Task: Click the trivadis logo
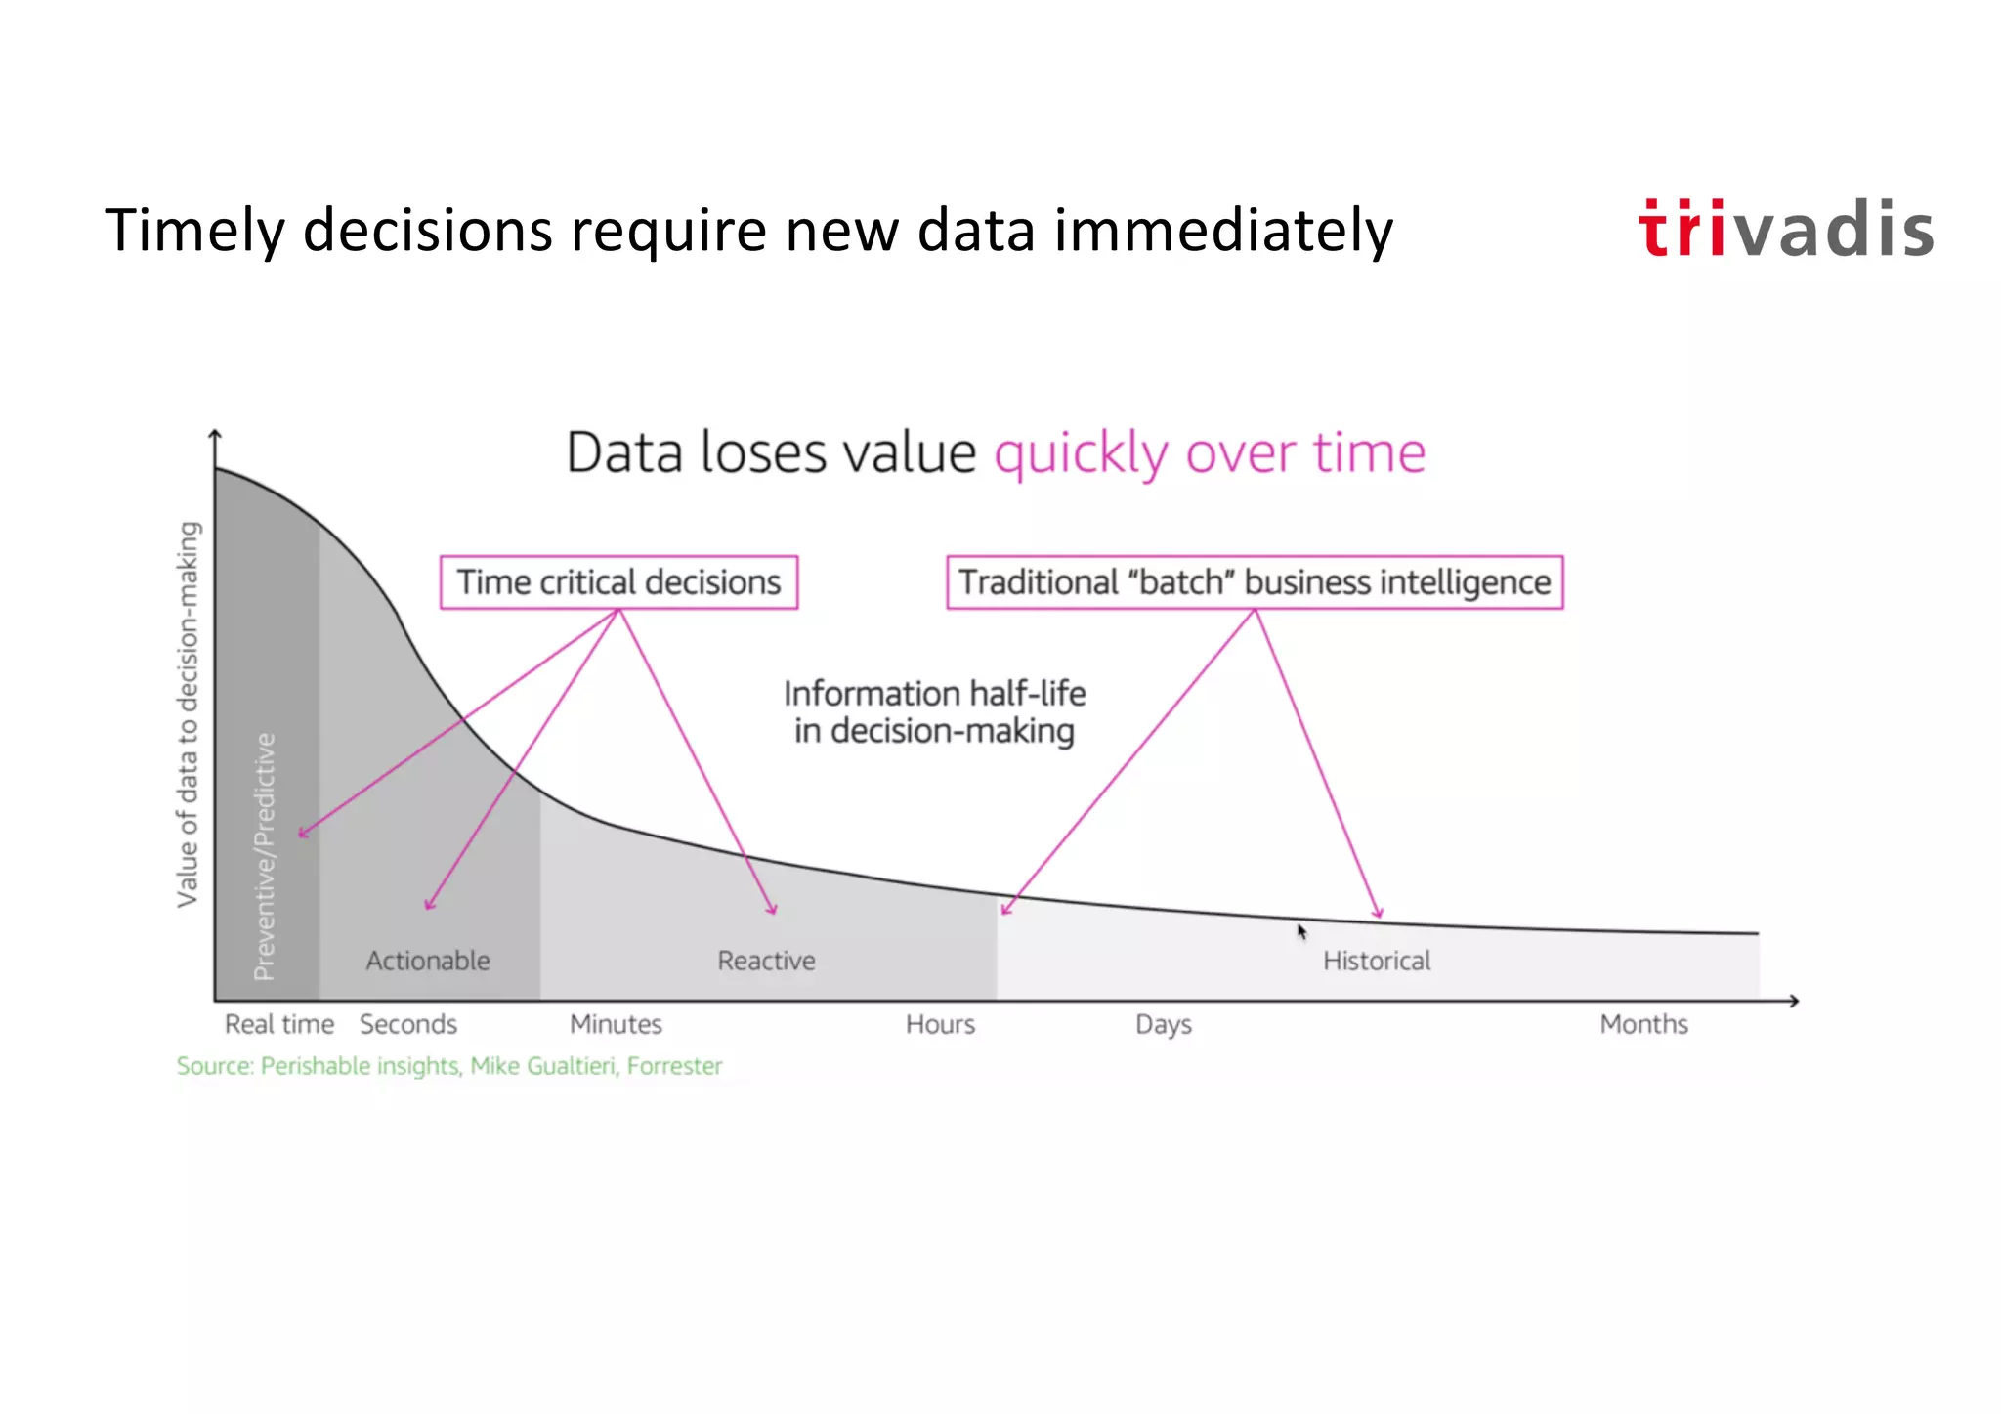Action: (1785, 230)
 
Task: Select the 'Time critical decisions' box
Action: (618, 582)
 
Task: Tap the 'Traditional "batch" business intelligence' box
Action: (1255, 582)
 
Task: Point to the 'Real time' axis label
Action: (279, 1024)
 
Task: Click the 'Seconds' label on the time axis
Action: (408, 1024)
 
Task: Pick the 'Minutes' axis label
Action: (616, 1024)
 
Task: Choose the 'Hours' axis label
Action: (940, 1024)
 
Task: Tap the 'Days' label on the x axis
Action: (1163, 1024)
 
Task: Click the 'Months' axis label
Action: (1643, 1024)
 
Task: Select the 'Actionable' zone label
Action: (428, 961)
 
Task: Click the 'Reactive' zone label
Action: (766, 961)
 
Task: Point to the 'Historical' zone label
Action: (1377, 961)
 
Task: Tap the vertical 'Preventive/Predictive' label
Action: (265, 856)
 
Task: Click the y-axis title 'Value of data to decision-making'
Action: (188, 713)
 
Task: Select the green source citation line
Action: (449, 1066)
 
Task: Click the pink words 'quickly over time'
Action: (1210, 453)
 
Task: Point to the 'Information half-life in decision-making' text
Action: (934, 711)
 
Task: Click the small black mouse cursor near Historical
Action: (1301, 932)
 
